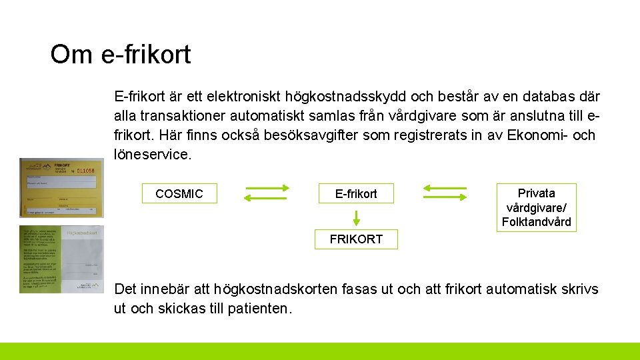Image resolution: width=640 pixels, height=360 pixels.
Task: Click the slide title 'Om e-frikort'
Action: coord(121,55)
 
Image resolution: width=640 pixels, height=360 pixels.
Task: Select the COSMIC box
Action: coord(179,194)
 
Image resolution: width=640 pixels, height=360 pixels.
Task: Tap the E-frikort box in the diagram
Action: coord(356,194)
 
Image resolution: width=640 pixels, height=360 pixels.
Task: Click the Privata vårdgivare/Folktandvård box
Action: coord(536,207)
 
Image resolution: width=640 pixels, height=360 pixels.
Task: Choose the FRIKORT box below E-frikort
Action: coord(356,239)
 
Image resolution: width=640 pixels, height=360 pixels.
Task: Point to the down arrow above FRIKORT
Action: coord(356,218)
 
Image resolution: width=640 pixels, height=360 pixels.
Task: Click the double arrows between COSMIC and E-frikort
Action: coord(267,193)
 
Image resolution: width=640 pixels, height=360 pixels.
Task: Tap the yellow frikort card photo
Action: coord(61,187)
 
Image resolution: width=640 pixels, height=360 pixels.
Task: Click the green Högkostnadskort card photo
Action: coord(61,259)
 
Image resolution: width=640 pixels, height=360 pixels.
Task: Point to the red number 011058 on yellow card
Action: coord(86,171)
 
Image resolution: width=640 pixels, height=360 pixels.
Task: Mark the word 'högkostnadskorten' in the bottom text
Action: coord(275,289)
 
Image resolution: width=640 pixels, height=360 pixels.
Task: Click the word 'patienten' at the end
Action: coord(258,309)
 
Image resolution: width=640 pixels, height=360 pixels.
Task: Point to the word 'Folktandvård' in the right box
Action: coord(536,222)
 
